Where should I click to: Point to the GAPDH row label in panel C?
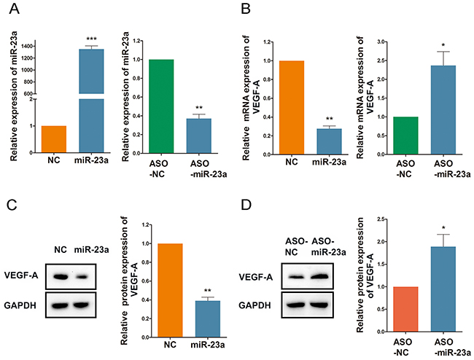(26, 303)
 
